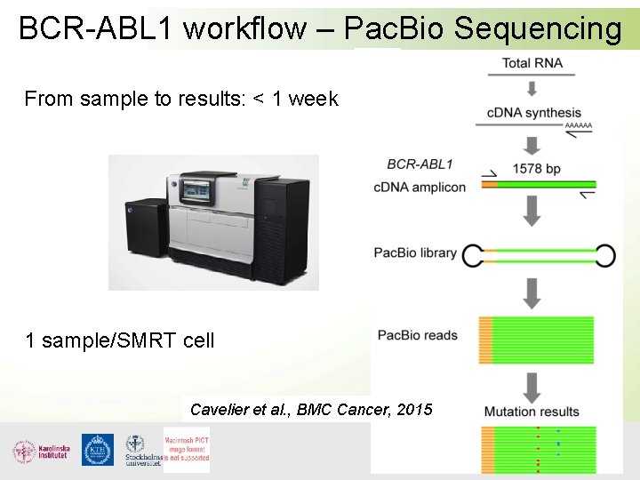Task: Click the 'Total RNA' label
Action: [532, 62]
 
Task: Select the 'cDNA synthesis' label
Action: [533, 113]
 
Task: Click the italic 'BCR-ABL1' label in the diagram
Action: [420, 164]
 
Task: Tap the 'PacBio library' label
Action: [415, 252]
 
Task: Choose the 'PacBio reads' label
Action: [417, 335]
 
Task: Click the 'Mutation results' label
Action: [532, 412]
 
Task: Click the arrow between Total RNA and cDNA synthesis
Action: [532, 88]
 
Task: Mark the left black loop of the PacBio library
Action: [471, 256]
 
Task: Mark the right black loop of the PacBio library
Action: [605, 256]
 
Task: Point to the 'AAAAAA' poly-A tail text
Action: [578, 127]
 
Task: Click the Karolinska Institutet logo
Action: [42, 451]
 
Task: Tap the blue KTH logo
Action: [98, 450]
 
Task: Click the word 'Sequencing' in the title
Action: [538, 28]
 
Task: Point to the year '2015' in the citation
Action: [414, 409]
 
